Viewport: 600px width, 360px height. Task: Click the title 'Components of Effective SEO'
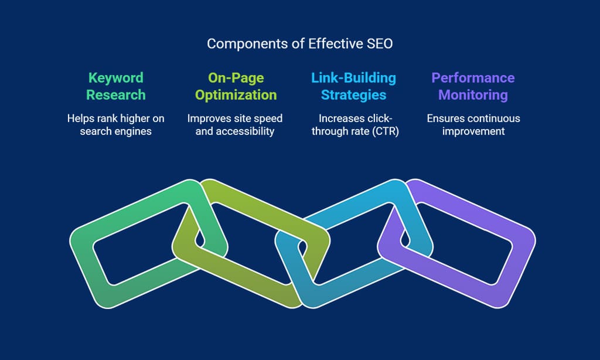pos(299,43)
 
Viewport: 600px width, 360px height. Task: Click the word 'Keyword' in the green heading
pos(116,78)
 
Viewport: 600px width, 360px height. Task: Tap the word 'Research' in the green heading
pos(116,95)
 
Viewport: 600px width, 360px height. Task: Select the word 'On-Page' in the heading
pos(236,78)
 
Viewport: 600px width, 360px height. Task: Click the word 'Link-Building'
pos(353,78)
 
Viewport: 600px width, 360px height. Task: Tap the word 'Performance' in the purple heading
pos(473,78)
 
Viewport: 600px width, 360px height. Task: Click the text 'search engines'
pos(115,131)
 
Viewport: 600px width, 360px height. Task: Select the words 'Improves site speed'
pos(235,118)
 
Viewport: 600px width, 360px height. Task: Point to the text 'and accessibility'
pos(235,131)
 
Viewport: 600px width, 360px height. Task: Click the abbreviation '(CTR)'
pos(386,131)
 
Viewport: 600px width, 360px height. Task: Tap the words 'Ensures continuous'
pos(473,118)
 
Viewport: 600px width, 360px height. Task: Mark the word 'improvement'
pos(473,131)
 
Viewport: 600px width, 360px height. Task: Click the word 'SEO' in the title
pos(380,43)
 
